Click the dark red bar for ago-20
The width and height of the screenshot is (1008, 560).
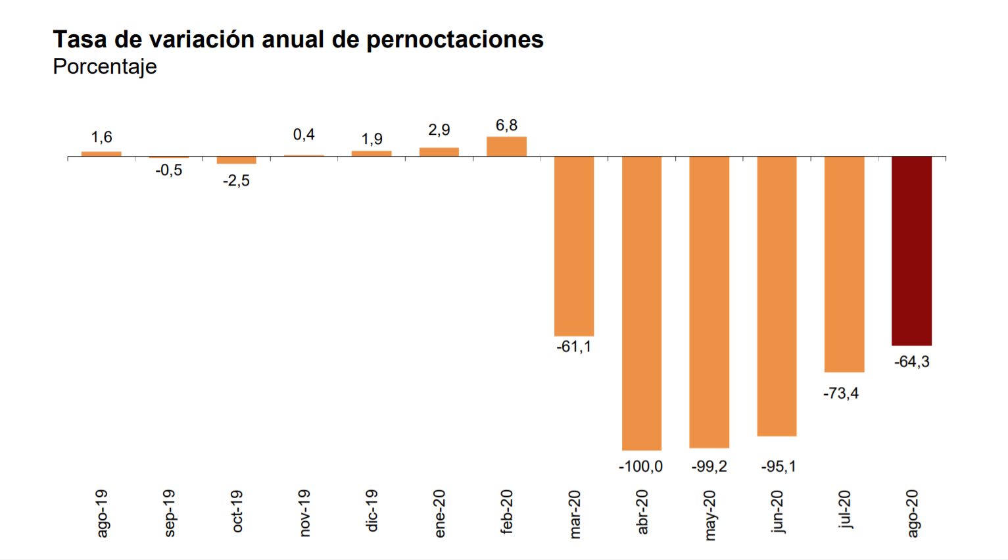point(911,251)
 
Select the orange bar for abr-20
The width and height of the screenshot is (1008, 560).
point(642,303)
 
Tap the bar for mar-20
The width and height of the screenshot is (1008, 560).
point(574,246)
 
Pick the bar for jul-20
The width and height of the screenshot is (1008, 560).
point(844,264)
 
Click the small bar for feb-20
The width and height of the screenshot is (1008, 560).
point(506,147)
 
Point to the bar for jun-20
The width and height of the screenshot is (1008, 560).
point(777,296)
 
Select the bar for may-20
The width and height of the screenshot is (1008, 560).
point(709,302)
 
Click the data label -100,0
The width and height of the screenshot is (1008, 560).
point(640,467)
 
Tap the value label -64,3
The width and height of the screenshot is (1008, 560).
point(912,362)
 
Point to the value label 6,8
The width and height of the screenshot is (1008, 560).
point(506,125)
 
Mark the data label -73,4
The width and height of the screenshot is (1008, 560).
point(841,394)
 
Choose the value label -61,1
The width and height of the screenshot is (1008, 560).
point(573,347)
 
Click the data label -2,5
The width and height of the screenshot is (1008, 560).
point(236,181)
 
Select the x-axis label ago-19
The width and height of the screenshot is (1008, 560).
point(102,513)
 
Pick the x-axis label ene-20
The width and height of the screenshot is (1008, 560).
point(439,513)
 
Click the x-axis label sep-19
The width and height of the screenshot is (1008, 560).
point(169,513)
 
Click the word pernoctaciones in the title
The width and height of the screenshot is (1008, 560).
point(454,39)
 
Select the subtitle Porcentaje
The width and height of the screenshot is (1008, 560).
point(105,66)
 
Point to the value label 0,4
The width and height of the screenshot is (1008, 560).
point(304,135)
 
